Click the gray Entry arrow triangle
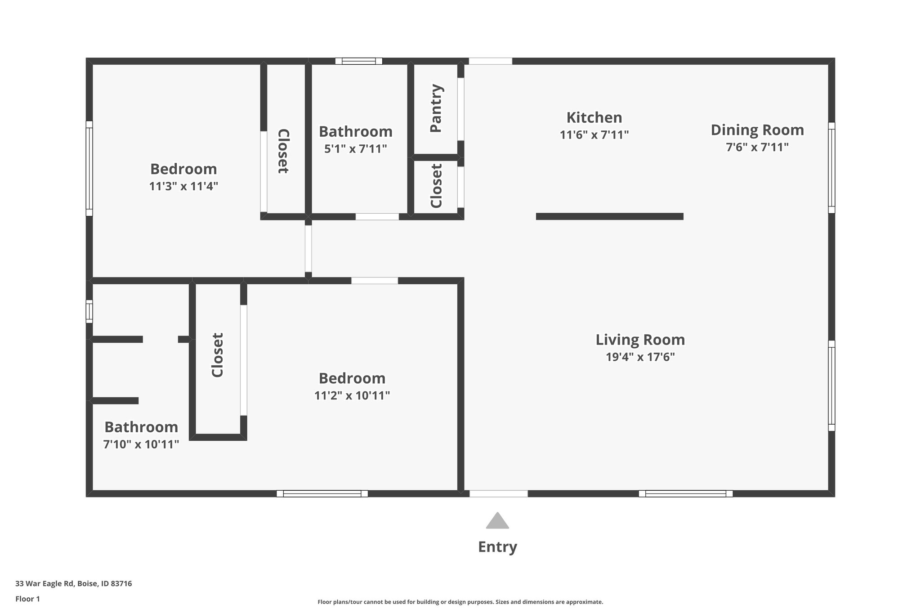coord(497,521)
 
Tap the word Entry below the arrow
coord(497,547)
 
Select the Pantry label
coord(436,108)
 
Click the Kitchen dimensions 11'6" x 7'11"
coord(594,135)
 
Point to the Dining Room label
coord(757,130)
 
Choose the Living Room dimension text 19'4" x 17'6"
coord(640,357)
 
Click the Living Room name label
coord(640,340)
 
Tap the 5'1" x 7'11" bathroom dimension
coord(355,149)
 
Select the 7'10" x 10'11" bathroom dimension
coord(141,444)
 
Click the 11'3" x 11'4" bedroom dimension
coord(183,186)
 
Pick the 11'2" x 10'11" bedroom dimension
coord(352,396)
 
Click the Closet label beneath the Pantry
coord(436,186)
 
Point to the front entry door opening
coord(498,493)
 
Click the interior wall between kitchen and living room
coord(609,216)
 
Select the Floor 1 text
coord(27,599)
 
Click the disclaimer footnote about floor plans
coord(460,602)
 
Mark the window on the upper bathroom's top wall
coord(358,61)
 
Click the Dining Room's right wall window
coord(832,168)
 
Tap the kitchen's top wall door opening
coord(490,61)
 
